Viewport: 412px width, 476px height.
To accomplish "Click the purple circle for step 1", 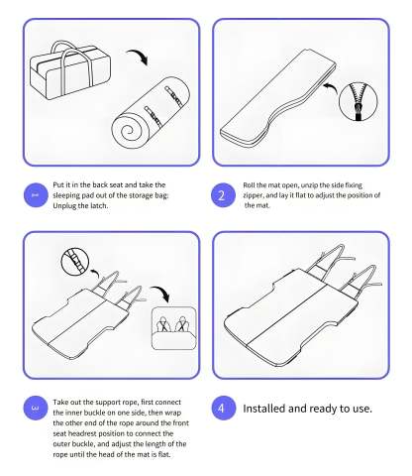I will [x=35, y=194].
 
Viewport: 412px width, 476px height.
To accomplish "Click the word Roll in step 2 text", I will [x=253, y=184].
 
